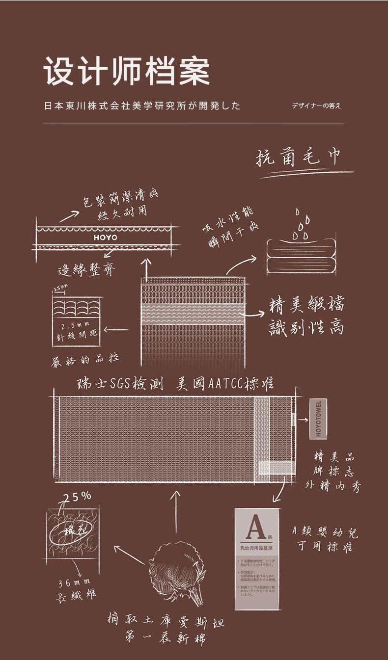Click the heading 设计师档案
click(x=127, y=72)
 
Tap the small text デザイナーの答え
click(x=316, y=106)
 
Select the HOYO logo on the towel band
click(x=105, y=238)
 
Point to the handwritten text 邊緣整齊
click(x=87, y=270)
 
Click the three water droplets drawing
click(x=300, y=225)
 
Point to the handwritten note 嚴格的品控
click(x=85, y=360)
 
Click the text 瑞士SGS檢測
click(x=119, y=384)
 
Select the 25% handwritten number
click(x=77, y=496)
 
